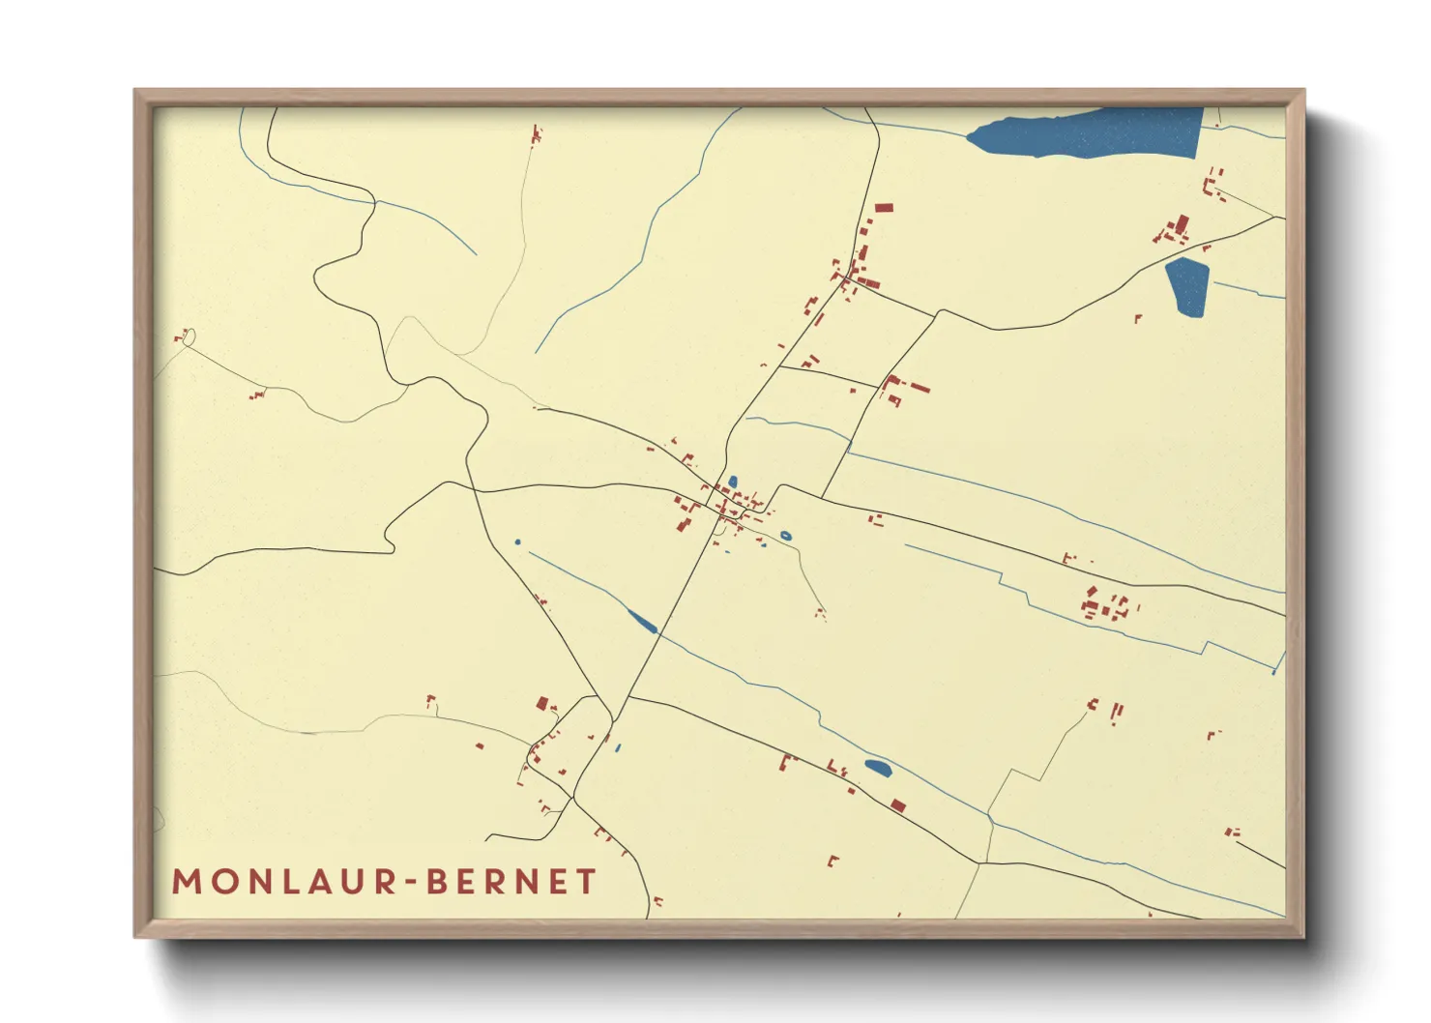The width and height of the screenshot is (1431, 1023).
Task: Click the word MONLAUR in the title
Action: [284, 881]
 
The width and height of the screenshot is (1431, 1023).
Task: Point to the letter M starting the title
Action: [187, 881]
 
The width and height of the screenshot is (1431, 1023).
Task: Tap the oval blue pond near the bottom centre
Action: [878, 768]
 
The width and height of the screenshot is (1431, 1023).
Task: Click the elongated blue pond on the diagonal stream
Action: [642, 621]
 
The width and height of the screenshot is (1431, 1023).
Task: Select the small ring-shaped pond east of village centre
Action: [785, 535]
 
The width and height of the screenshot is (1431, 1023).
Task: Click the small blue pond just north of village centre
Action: [733, 482]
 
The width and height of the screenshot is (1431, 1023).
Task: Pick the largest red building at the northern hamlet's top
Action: [883, 207]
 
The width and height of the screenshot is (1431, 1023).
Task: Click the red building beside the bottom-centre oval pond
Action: [898, 804]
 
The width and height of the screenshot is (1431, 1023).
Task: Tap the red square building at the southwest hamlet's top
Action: [542, 703]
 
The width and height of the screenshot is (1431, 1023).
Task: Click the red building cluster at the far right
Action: [1105, 606]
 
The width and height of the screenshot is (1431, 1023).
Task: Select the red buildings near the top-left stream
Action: [536, 133]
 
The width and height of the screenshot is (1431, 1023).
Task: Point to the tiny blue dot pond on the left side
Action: [517, 541]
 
